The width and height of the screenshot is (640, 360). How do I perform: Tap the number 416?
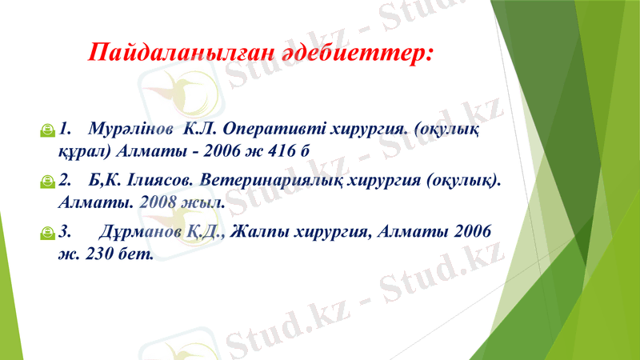coord(282,150)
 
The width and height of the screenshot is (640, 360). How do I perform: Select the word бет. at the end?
coord(138,253)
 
